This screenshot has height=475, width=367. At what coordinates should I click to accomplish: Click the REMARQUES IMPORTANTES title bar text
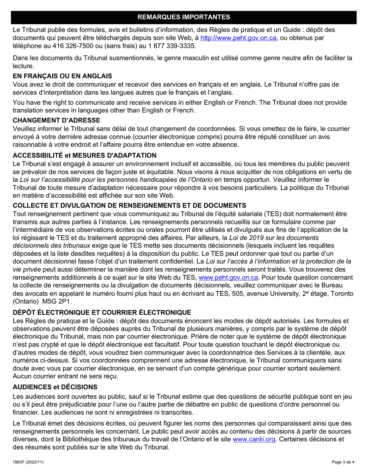(x=183, y=17)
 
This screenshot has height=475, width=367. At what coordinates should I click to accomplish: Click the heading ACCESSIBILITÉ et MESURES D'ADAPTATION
(x=85, y=156)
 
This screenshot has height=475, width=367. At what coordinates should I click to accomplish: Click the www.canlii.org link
(x=254, y=439)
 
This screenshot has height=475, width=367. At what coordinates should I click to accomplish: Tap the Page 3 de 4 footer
(x=343, y=462)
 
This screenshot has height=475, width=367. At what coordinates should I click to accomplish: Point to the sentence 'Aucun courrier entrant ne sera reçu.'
(x=64, y=376)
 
